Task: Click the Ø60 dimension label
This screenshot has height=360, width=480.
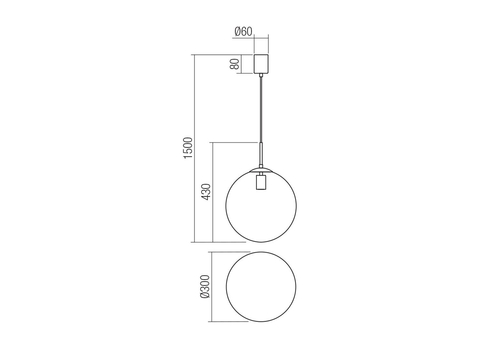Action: point(243,32)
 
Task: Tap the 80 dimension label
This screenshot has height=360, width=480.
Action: point(235,64)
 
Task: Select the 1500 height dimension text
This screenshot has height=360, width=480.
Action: point(188,148)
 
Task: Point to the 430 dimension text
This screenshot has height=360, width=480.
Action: point(205,192)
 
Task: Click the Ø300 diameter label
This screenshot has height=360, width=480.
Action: point(205,286)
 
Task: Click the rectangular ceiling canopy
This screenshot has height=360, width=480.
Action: point(261,64)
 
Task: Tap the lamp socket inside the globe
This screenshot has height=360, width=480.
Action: point(261,182)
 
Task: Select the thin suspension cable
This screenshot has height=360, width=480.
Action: point(261,109)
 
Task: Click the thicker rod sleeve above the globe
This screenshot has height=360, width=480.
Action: point(261,154)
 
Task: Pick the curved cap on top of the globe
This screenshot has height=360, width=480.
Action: point(261,170)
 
